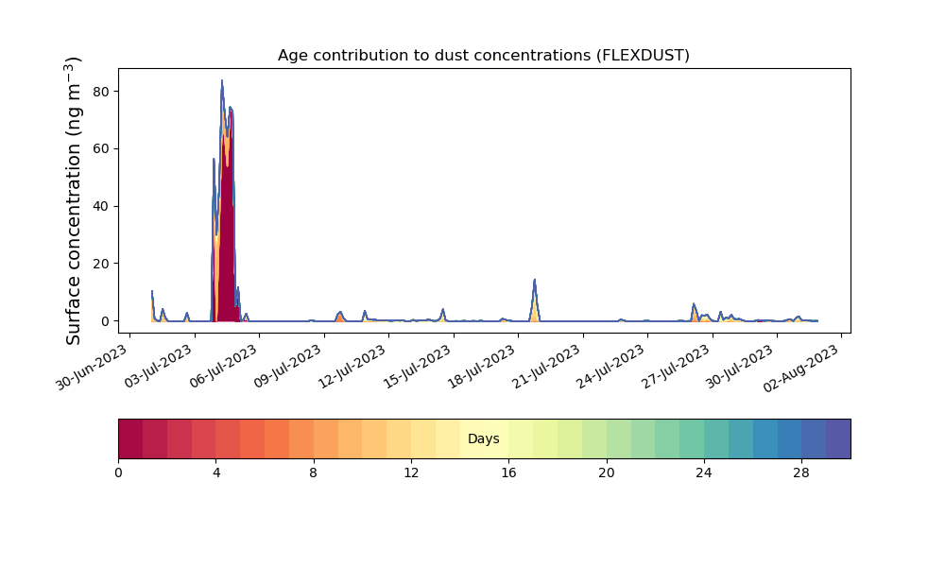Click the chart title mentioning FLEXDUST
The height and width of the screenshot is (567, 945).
(483, 56)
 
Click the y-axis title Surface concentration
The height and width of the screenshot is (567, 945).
(73, 201)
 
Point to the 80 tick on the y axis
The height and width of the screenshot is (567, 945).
(101, 92)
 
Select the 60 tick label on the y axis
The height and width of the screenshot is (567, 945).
(101, 148)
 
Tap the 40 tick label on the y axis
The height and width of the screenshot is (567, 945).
(101, 206)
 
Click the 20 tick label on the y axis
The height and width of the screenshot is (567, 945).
(101, 264)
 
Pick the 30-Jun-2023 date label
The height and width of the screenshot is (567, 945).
(93, 367)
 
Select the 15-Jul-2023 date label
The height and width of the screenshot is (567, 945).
(417, 367)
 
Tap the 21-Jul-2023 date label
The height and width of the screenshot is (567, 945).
(546, 367)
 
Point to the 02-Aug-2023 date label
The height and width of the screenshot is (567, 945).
(801, 369)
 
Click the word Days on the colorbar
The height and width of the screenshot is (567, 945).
(483, 438)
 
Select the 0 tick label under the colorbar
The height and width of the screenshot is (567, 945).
(118, 473)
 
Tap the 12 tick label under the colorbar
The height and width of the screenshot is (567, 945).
(411, 473)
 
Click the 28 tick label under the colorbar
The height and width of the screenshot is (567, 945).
(801, 473)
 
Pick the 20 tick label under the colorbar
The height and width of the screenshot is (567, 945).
(607, 473)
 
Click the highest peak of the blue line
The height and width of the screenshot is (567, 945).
(222, 80)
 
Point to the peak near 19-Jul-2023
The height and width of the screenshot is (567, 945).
(535, 280)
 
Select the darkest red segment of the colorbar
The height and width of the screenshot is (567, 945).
(130, 438)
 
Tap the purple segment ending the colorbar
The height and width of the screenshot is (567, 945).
(838, 438)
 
